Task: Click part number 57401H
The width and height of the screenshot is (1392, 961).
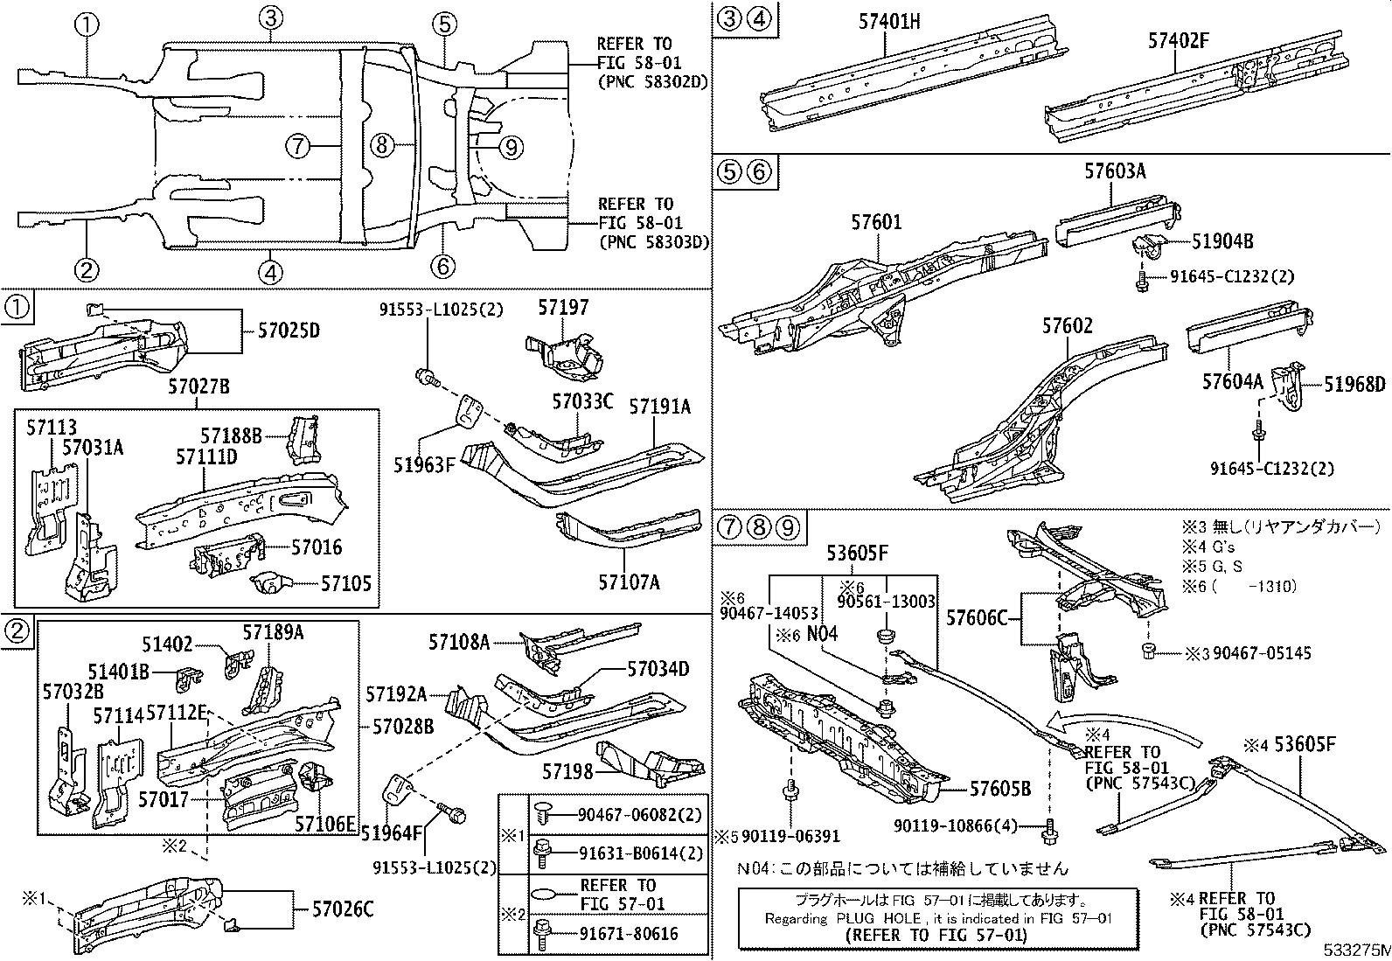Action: click(x=888, y=21)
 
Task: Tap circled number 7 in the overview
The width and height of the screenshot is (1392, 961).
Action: click(x=298, y=146)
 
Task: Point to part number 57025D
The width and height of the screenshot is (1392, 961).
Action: click(x=289, y=331)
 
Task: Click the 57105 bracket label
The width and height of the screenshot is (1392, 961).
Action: click(x=346, y=582)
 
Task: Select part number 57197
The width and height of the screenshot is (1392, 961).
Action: click(x=563, y=308)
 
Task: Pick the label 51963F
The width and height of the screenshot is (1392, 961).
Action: click(x=424, y=464)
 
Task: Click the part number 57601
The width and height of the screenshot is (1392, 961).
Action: click(x=876, y=224)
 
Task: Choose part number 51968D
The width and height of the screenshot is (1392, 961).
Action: click(x=1354, y=385)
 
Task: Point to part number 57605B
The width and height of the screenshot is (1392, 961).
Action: click(x=999, y=789)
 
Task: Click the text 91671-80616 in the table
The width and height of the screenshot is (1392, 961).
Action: click(x=628, y=934)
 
